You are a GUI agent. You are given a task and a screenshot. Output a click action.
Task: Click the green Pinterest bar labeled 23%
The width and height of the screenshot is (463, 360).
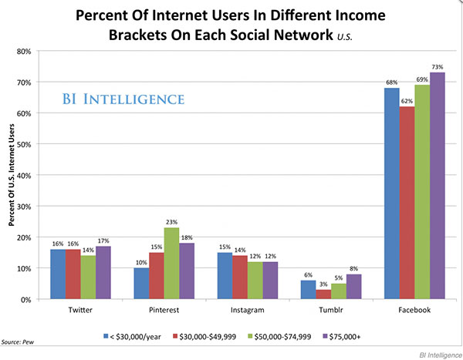tap(171, 264)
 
